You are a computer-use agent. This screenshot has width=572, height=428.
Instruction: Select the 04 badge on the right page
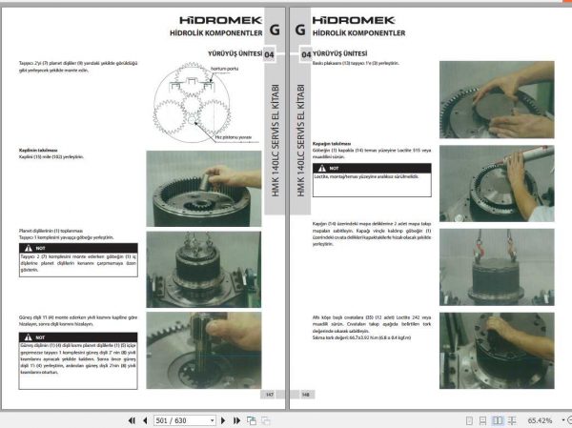click(x=306, y=56)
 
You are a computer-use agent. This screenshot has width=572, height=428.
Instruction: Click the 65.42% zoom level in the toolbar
click(x=540, y=419)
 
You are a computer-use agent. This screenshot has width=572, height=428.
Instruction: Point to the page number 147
click(x=268, y=394)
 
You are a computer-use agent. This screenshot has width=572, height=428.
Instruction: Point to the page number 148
click(x=306, y=394)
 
